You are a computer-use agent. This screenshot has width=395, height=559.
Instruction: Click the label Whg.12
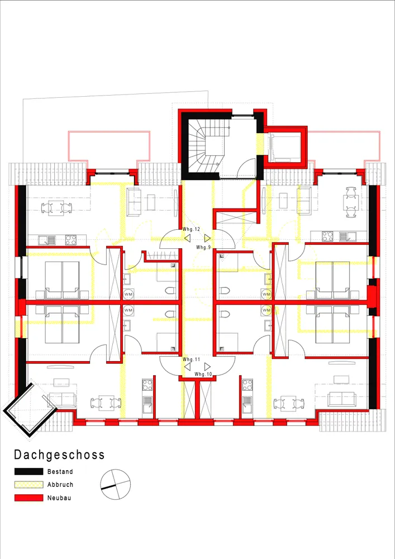[191, 229]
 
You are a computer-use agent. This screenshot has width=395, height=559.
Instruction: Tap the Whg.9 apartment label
[203, 247]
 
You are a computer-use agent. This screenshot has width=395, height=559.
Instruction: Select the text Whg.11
[191, 359]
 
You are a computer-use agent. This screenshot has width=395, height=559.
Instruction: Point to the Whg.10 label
[203, 374]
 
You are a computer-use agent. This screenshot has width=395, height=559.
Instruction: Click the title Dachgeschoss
[59, 454]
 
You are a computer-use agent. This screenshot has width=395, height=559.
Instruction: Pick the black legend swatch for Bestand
[29, 472]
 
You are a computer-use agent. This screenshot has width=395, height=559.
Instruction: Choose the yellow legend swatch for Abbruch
[29, 485]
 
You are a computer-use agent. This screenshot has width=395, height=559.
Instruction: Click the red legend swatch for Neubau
[29, 498]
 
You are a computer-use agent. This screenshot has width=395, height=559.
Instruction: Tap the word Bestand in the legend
[60, 472]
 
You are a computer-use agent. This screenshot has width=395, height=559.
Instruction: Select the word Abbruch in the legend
[60, 485]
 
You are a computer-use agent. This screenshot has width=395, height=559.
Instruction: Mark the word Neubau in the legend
[59, 498]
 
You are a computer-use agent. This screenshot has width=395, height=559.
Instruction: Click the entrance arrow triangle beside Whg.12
[187, 238]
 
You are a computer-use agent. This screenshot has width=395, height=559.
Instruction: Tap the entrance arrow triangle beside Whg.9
[207, 238]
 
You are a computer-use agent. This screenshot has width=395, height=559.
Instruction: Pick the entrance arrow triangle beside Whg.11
[187, 367]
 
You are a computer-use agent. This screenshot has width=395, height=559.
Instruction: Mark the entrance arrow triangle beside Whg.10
[207, 367]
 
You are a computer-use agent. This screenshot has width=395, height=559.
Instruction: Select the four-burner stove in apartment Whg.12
[71, 240]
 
